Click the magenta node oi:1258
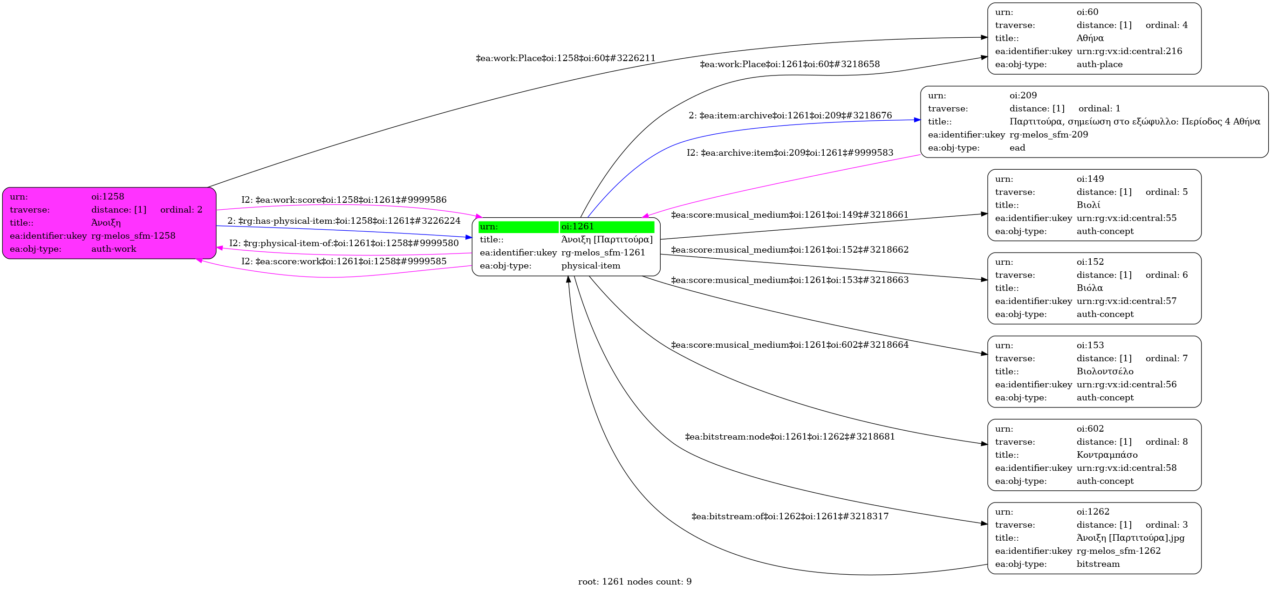tap(109, 223)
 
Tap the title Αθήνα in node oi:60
tap(1089, 38)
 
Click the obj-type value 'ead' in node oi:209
tap(1017, 148)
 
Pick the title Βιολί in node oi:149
tap(1088, 205)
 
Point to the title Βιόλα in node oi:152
tap(1089, 288)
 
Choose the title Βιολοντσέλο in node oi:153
tap(1105, 372)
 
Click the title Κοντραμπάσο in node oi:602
tap(1107, 455)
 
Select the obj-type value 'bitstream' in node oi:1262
tap(1098, 564)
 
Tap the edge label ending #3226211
tap(566, 58)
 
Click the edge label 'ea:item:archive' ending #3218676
tap(790, 116)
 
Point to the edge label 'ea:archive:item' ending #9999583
tap(789, 152)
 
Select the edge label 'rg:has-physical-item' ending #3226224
tap(343, 220)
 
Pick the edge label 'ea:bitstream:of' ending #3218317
tap(789, 516)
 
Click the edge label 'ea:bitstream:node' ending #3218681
tap(789, 436)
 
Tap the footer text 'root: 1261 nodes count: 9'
tap(635, 582)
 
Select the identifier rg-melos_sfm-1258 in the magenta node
tap(133, 236)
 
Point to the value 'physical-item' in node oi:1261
tap(591, 266)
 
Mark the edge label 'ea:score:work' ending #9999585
tap(343, 261)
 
